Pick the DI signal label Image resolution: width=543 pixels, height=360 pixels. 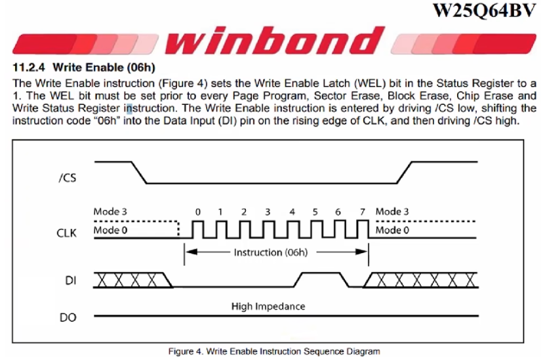click(x=70, y=281)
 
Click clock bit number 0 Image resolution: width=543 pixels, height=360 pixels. click(x=197, y=212)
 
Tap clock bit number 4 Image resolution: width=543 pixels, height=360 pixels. click(x=291, y=212)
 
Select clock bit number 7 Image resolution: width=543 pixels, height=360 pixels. click(x=362, y=212)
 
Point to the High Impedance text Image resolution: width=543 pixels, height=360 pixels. click(x=268, y=306)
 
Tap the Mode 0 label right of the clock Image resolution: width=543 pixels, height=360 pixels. click(x=392, y=230)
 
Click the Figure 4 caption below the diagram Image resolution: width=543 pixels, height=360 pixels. click(x=273, y=351)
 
